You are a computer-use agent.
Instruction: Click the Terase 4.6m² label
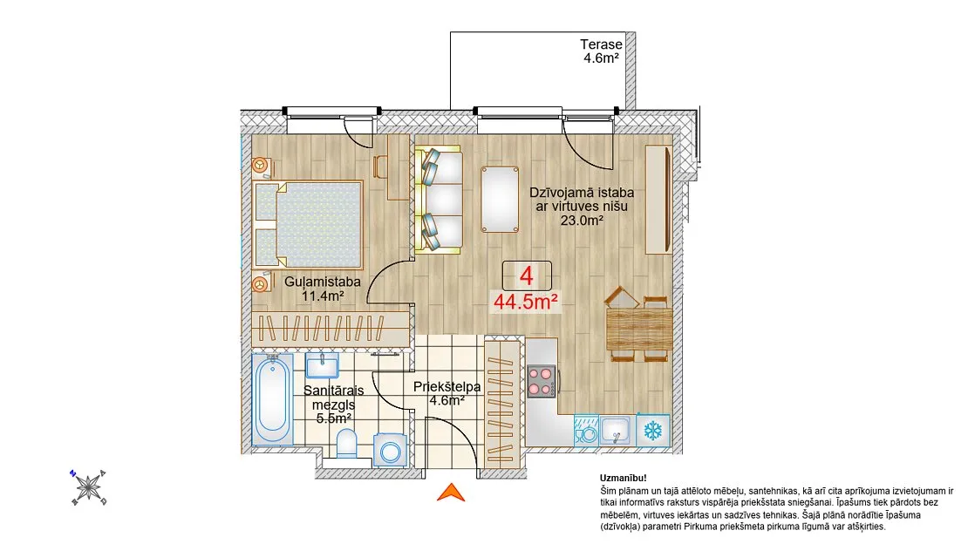(x=602, y=51)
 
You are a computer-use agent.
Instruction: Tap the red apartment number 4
(x=526, y=275)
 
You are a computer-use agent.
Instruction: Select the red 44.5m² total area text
(x=526, y=302)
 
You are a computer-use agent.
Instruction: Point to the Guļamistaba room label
(x=323, y=282)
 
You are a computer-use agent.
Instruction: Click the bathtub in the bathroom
(x=272, y=399)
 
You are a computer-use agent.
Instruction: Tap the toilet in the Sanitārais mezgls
(x=347, y=444)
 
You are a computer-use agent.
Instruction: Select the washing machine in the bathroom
(x=390, y=449)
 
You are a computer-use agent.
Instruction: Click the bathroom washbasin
(x=323, y=365)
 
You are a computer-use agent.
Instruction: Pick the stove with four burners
(x=541, y=380)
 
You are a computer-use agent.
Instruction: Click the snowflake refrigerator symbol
(x=653, y=430)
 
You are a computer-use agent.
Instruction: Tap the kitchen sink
(x=616, y=430)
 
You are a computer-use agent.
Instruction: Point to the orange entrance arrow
(x=451, y=493)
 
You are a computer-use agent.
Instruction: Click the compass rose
(x=88, y=487)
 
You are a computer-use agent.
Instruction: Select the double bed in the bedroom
(x=308, y=225)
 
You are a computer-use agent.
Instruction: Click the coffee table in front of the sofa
(x=500, y=200)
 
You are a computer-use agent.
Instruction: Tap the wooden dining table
(x=639, y=330)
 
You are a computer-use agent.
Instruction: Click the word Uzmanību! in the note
(x=624, y=478)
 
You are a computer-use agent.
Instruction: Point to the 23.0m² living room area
(x=582, y=221)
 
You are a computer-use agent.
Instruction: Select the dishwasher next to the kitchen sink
(x=586, y=430)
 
